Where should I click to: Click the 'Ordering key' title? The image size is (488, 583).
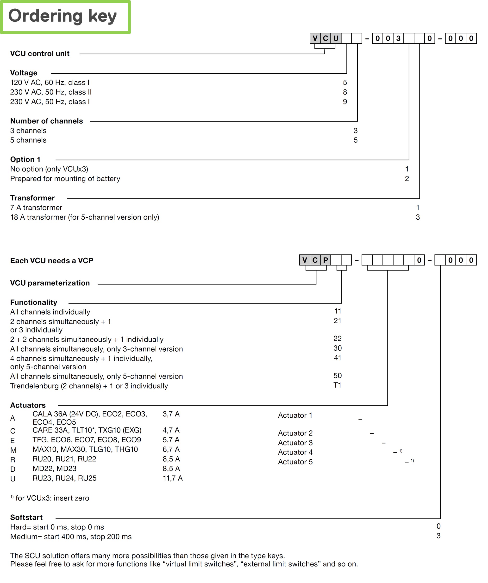click(63, 16)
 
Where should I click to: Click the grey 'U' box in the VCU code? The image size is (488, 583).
click(336, 38)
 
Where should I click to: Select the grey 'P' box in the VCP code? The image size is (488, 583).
click(325, 260)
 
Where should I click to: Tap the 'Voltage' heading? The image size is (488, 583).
click(24, 73)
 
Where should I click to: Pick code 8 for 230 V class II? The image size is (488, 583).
click(345, 92)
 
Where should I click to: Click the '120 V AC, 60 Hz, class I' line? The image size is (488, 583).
click(50, 83)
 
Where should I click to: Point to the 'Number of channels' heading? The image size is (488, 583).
click(46, 121)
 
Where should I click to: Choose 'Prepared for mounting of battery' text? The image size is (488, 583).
click(65, 179)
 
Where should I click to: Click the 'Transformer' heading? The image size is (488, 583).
click(32, 198)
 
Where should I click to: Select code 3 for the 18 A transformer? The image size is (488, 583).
click(418, 217)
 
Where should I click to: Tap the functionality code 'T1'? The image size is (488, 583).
click(337, 385)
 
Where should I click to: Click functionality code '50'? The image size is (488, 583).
click(338, 376)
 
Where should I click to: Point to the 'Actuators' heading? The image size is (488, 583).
click(28, 405)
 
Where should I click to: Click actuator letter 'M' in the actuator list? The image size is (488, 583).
click(13, 450)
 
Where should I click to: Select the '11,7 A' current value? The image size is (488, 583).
click(173, 478)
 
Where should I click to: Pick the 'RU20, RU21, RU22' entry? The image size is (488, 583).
click(64, 459)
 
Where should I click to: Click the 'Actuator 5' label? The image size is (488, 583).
click(295, 462)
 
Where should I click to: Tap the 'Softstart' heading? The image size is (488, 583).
click(26, 518)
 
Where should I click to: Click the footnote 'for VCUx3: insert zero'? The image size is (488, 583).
click(52, 498)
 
